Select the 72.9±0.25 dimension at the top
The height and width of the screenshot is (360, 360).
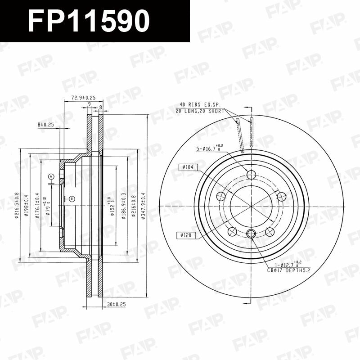(x=83, y=97)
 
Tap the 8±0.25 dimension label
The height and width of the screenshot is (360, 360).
(x=46, y=125)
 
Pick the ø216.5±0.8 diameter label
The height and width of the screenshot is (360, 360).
(x=17, y=206)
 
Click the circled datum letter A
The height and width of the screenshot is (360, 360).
(x=51, y=176)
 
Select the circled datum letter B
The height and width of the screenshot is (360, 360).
(x=72, y=198)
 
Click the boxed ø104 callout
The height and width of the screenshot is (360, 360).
(x=189, y=167)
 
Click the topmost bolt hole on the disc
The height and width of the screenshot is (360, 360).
(x=251, y=174)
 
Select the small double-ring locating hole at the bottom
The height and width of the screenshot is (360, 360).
(x=251, y=233)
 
